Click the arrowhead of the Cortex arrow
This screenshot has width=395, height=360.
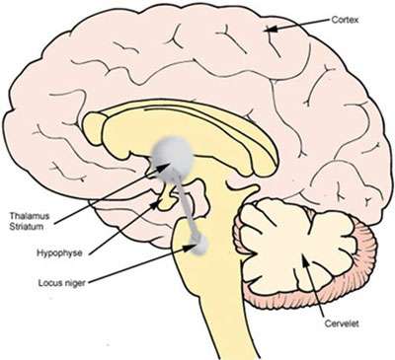(264, 33)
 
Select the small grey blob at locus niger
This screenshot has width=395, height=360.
(199, 242)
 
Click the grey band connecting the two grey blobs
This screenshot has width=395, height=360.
(186, 202)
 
